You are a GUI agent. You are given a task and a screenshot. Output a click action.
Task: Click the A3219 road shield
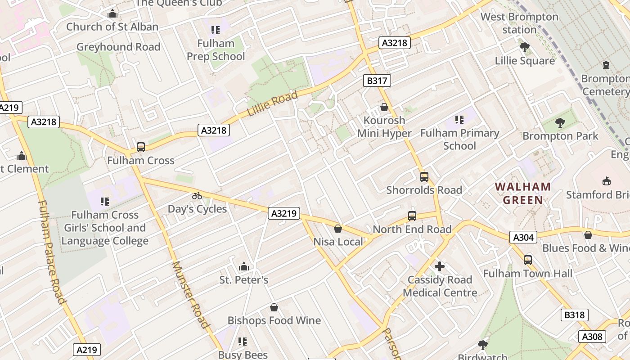[x=284, y=213]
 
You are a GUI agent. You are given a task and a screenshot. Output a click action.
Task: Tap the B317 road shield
[x=377, y=81]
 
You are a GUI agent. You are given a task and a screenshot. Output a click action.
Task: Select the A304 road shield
[x=523, y=237]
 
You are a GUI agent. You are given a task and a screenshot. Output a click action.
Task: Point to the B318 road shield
[x=575, y=315]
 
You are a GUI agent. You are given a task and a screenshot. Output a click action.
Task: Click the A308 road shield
[x=592, y=336]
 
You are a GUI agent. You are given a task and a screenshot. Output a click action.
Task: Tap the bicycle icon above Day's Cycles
[x=197, y=196]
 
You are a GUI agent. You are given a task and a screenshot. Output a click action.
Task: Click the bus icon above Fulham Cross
[x=141, y=147]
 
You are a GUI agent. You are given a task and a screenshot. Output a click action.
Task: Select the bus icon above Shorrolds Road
[x=424, y=177]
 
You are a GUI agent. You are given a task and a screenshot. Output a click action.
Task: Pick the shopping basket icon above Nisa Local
[x=338, y=229]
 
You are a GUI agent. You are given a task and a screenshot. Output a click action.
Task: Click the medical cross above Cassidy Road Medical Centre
[x=440, y=266]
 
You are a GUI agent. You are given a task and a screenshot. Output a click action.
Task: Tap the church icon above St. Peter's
[x=244, y=266]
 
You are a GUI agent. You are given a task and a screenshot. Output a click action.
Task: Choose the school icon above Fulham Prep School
[x=216, y=30]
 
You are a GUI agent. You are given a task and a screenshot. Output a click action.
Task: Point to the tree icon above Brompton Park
[x=560, y=122]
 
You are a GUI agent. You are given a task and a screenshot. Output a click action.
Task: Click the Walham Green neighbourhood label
[x=522, y=193]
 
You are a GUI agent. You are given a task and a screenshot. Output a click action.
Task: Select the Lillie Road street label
[x=273, y=104]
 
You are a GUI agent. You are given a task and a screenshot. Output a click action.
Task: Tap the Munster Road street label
[x=191, y=295]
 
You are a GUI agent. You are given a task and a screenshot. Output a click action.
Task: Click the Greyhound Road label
[x=118, y=47]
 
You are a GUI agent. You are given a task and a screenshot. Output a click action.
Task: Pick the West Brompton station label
[x=519, y=23]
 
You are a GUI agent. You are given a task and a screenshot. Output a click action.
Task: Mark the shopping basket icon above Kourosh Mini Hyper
[x=384, y=107]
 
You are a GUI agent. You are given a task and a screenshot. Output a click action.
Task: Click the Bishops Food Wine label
[x=274, y=320]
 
